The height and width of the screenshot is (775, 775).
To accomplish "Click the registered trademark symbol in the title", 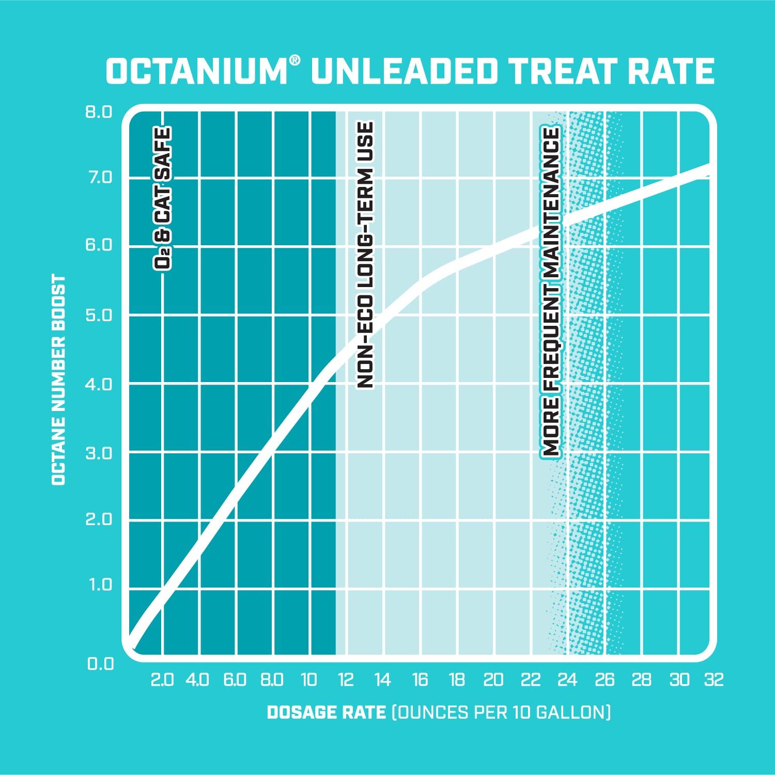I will [x=294, y=60].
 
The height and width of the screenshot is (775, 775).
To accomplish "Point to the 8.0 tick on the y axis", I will [x=99, y=112].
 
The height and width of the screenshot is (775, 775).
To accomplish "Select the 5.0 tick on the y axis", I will [x=99, y=315].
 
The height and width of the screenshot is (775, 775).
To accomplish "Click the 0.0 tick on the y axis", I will [x=100, y=663].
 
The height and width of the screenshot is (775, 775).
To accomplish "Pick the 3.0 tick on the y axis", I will [x=99, y=453].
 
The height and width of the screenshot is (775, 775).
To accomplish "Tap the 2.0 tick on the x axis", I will [x=162, y=680].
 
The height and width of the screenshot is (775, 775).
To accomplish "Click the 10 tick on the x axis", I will [x=308, y=680].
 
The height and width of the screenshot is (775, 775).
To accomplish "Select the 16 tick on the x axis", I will [x=420, y=680].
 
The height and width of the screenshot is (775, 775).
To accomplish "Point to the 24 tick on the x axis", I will [x=567, y=680].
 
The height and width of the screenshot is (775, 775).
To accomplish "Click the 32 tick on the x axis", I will [x=714, y=680].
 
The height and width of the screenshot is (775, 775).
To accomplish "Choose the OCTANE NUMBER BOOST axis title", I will [x=59, y=380].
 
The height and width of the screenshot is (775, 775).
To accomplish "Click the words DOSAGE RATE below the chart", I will [x=326, y=713].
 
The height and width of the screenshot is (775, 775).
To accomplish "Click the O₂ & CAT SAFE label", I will [x=162, y=198].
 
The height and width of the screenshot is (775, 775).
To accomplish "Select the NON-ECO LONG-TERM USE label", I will [x=365, y=255].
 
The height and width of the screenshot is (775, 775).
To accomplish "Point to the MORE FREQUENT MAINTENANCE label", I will [x=551, y=292].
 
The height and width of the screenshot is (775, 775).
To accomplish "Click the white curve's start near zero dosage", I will [x=133, y=642].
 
